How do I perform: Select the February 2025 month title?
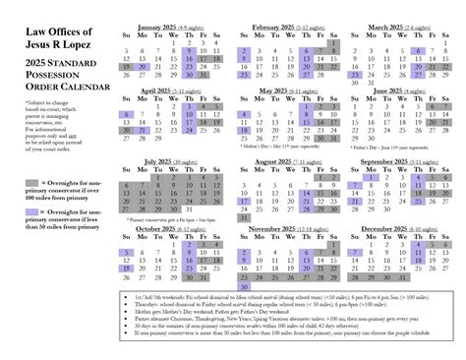(278, 27)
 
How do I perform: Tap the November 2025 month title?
(278, 228)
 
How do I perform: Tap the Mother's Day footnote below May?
(278, 145)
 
